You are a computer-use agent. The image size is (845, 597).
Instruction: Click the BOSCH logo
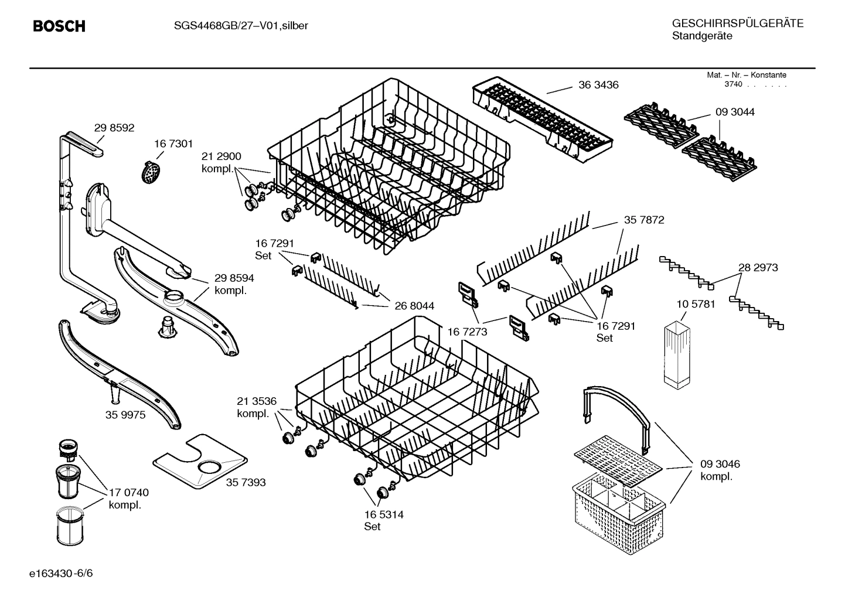point(59,26)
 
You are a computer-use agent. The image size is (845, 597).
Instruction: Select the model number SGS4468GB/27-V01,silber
point(241,25)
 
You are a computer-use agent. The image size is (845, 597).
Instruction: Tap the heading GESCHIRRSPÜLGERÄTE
point(737,23)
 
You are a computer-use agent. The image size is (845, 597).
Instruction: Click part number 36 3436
point(598,85)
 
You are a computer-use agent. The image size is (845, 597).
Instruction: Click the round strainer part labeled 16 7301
point(152,172)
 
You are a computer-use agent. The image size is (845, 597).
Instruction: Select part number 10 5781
point(696,304)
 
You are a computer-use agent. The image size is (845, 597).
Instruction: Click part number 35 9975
point(125,415)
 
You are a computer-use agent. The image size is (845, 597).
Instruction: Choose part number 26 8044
point(414,306)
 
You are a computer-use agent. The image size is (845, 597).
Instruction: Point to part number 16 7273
point(468,332)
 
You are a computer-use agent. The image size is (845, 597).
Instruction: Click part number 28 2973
point(758,267)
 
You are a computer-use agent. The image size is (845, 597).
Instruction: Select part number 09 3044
point(734,112)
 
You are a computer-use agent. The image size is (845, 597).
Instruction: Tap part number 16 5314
point(383,514)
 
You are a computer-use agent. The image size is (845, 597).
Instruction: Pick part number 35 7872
point(643,220)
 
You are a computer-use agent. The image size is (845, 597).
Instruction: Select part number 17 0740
point(128,493)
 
